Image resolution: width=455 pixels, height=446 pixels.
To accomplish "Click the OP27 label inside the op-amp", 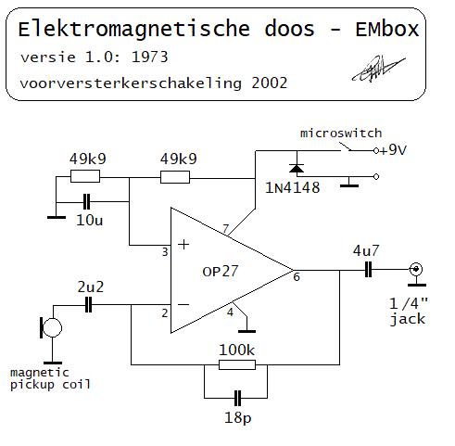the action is (221, 272).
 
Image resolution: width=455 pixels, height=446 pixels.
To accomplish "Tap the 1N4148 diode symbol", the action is (297, 169).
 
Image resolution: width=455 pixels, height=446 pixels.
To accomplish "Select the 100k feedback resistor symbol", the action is (237, 364).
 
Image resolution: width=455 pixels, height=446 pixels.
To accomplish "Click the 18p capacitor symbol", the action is (237, 398).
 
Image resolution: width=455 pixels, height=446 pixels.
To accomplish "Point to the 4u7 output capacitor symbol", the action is (368, 270).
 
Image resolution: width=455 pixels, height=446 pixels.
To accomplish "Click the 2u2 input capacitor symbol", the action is (88, 305).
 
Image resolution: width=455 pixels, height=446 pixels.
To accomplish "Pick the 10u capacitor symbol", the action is (87, 202).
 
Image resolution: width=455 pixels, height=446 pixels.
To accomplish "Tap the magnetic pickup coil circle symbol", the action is (51, 327).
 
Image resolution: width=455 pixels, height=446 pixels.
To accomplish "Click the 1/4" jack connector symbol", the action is (416, 269).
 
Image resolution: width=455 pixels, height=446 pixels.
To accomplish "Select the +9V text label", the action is (393, 150).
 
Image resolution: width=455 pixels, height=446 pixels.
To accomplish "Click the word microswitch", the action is (341, 134).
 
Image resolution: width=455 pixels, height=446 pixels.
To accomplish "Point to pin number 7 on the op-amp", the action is (226, 228).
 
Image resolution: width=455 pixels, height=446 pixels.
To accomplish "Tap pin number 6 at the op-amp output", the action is (297, 276).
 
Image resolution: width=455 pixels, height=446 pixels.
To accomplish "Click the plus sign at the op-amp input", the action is (183, 245).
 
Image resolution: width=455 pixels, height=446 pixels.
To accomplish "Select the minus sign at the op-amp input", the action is (183, 305).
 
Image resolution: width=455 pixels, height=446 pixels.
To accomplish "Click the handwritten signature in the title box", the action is (378, 69).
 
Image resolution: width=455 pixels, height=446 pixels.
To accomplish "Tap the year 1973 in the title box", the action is (150, 57).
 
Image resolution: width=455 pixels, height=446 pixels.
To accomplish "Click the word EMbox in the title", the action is (387, 30).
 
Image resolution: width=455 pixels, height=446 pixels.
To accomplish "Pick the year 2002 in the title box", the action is (270, 83).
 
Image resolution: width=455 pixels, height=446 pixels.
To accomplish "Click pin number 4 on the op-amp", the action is (230, 312).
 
